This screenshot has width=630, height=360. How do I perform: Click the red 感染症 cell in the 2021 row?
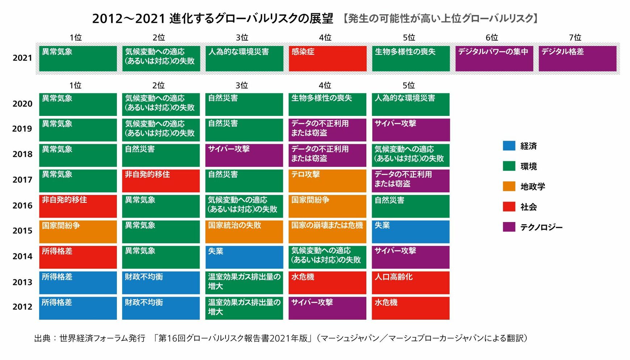tap(328, 59)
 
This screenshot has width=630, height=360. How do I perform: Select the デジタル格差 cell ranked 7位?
tap(577, 59)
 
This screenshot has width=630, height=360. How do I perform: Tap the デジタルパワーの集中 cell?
tap(494, 59)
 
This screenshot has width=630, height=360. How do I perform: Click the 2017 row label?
tap(22, 180)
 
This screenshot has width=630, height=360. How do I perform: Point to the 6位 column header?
tap(492, 38)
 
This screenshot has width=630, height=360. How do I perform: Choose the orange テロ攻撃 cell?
tap(327, 181)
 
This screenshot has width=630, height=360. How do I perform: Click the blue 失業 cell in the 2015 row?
tap(411, 232)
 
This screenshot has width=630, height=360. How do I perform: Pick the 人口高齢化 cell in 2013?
tap(411, 283)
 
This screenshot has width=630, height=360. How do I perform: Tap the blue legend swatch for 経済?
tap(509, 146)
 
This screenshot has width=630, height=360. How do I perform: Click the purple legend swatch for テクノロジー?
tap(509, 227)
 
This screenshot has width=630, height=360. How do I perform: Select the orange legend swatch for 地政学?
tap(509, 186)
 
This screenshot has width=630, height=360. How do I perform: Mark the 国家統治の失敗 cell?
tap(244, 232)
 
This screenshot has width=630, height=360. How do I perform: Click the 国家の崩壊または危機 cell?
tap(327, 232)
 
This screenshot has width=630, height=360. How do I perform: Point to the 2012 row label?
tap(22, 307)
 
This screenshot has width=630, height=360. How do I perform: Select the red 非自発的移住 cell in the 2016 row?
tap(78, 206)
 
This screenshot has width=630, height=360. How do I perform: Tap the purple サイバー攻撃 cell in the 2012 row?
tap(327, 308)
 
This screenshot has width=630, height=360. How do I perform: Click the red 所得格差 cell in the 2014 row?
tap(78, 258)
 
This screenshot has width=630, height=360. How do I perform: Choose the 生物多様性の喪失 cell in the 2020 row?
tap(327, 105)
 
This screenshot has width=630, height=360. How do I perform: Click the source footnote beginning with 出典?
tap(281, 338)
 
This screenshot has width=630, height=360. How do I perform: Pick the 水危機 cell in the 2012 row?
tap(411, 308)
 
